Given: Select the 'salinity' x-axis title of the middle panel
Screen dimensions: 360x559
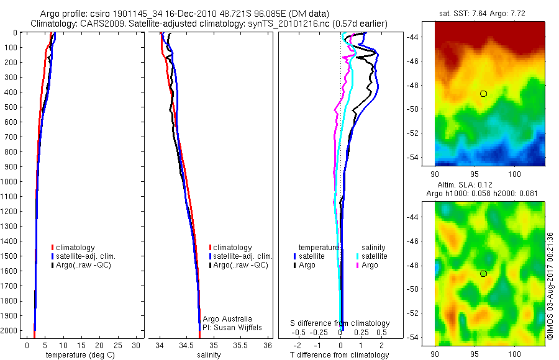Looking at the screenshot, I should [x=209, y=355].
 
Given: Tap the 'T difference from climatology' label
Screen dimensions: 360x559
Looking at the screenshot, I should [x=339, y=355].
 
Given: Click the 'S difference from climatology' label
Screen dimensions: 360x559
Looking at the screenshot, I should [x=340, y=323].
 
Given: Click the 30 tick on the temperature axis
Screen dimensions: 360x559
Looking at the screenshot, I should [x=136, y=345].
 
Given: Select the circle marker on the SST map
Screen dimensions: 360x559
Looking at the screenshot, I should [x=483, y=94].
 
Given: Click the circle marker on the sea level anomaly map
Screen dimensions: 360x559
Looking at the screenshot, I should [x=483, y=274].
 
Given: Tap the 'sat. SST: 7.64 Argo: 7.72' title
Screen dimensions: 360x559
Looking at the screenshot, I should [x=488, y=14].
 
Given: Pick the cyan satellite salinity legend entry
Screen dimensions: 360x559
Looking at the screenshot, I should [x=373, y=256].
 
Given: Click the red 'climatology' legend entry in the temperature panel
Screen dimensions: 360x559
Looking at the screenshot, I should [x=75, y=248].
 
